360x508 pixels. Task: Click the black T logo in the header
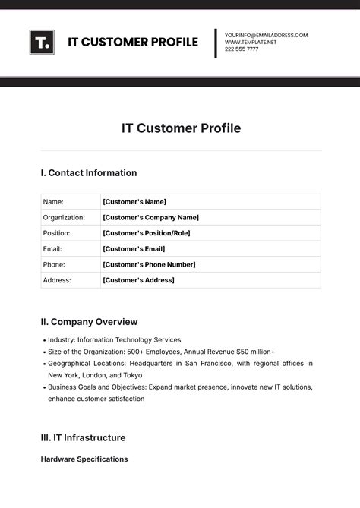point(42,42)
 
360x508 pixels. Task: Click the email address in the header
point(266,35)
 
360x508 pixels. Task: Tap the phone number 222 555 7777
point(241,49)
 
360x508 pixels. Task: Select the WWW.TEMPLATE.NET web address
point(251,42)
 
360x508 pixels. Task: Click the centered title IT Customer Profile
point(181,128)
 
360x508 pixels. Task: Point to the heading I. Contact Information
point(89,173)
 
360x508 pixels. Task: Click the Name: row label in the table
point(53,202)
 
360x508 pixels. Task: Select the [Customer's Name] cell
point(134,202)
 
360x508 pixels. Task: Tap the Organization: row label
point(64,217)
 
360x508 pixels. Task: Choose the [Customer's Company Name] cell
point(150,217)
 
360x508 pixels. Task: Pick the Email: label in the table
point(52,249)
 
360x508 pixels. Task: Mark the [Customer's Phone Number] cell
point(149,264)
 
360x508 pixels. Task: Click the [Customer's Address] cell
point(138,280)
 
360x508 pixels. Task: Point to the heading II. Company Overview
point(89,322)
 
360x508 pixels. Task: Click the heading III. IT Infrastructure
point(83,438)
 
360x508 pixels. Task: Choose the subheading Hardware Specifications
point(84,459)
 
